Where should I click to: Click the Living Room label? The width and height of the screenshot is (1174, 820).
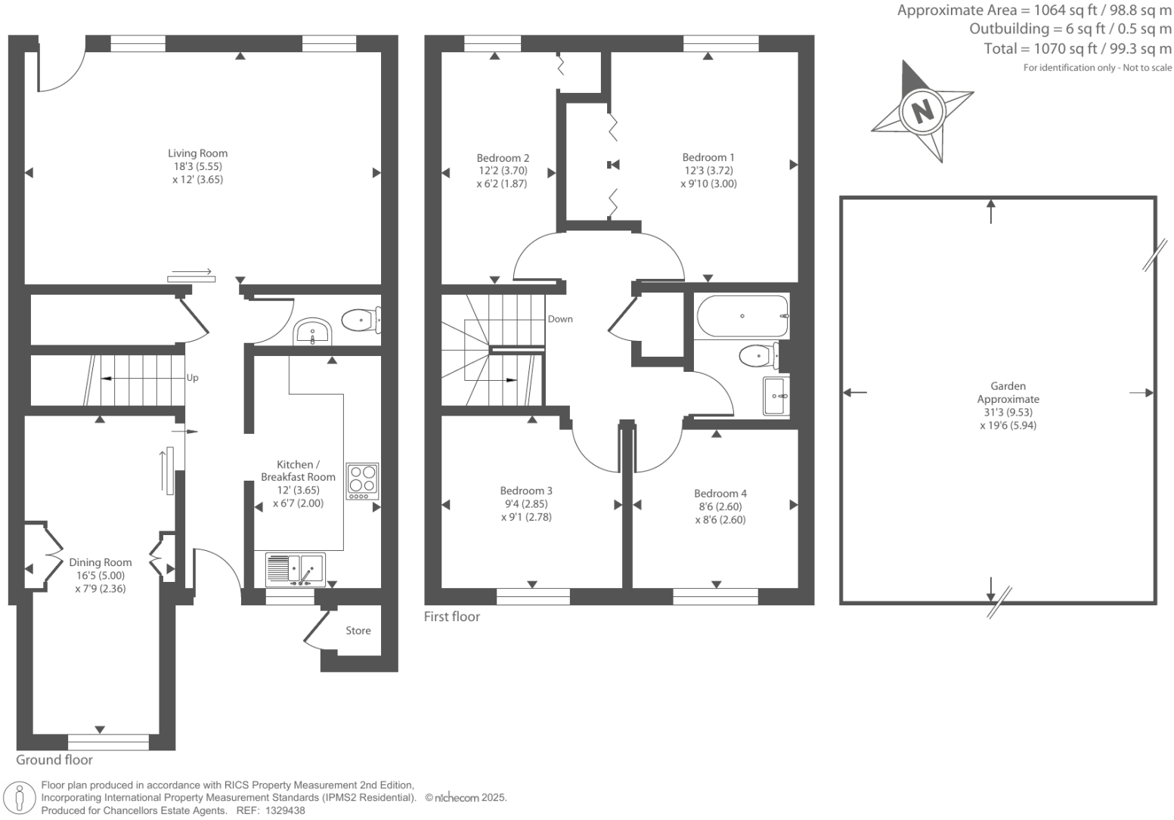(x=197, y=153)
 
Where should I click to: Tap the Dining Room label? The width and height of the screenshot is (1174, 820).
(x=101, y=562)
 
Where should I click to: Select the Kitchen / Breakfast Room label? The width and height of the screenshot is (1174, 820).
(x=298, y=471)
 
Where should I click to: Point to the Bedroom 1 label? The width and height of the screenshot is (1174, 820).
(x=708, y=158)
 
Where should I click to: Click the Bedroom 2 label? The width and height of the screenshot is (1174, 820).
(x=503, y=158)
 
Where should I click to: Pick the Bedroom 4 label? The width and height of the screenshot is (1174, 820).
(x=720, y=494)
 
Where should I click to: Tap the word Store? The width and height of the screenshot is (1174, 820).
(x=358, y=630)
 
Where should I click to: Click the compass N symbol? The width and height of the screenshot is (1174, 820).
(x=922, y=112)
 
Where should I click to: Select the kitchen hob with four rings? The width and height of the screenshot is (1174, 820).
(x=362, y=481)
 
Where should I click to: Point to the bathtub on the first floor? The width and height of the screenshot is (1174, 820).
(x=742, y=316)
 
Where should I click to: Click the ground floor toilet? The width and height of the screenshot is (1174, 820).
(x=360, y=320)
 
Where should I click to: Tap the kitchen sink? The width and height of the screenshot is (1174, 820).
(x=296, y=570)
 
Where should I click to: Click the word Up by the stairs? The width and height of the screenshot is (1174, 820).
(x=193, y=378)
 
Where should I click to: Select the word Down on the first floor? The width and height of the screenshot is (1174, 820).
(x=560, y=319)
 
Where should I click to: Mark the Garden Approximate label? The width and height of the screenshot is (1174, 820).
(x=1008, y=392)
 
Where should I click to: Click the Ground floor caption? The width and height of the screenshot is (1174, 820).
(x=54, y=760)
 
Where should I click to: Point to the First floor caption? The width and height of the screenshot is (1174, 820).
(x=452, y=617)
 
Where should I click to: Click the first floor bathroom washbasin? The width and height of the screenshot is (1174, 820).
(x=776, y=396)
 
